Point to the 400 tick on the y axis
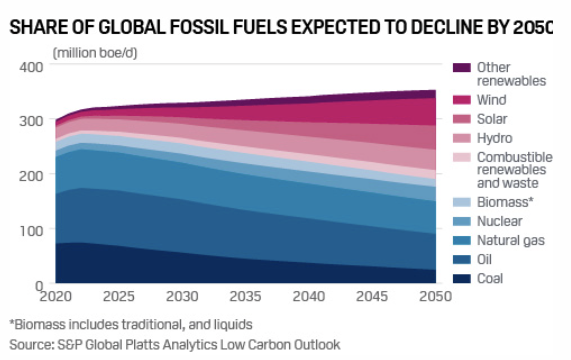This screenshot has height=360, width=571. pos(31,67)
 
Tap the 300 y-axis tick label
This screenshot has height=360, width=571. pos(31,121)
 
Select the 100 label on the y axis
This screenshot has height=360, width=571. pos(31,231)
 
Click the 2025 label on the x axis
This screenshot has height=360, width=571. pos(119,296)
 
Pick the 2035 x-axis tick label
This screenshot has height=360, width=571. pos(245,296)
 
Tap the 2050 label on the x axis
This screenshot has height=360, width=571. pos(435,296)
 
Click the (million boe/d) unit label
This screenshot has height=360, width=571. pos(95,53)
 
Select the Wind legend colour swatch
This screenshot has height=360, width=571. pos(462,100)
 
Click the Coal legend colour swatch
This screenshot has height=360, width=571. pos(462,279)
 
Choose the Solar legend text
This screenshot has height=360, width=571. pos(492,119)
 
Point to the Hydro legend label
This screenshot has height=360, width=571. pos(495,138)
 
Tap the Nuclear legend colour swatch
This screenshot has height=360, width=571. pos(462,221)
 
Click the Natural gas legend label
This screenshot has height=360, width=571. pos(511,240)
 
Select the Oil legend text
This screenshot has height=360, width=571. pos(484,260)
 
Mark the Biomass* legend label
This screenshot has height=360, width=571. pos(505,202)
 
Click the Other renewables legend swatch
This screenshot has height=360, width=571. pos(462,68)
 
